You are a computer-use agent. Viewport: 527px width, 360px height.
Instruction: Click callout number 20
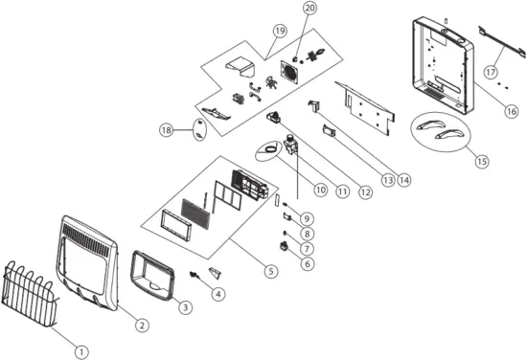tap(309, 9)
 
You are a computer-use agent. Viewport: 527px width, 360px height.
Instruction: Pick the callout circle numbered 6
tap(307, 262)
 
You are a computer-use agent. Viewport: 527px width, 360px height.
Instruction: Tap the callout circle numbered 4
tap(219, 294)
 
